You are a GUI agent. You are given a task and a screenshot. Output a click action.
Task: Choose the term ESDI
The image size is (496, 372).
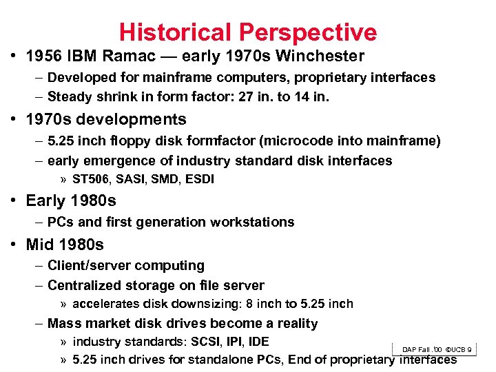pyautogui.click(x=200, y=179)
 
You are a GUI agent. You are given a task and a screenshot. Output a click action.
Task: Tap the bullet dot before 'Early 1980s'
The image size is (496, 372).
pyautogui.click(x=14, y=201)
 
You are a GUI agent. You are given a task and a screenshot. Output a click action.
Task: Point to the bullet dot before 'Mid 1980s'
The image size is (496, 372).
pyautogui.click(x=14, y=245)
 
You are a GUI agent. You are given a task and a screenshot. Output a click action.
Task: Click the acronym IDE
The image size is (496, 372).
pyautogui.click(x=258, y=342)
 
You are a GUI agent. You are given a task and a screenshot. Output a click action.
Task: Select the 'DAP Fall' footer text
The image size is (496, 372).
pyautogui.click(x=416, y=351)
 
